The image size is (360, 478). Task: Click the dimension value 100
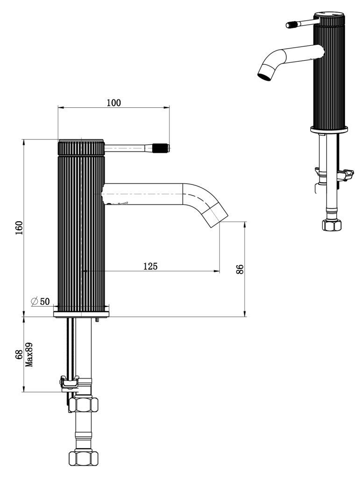113,103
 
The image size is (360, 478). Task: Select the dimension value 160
19,228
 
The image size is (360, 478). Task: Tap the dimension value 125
150,266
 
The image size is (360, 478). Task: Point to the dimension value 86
240,269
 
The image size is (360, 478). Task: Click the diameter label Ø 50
40,301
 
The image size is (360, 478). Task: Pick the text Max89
29,355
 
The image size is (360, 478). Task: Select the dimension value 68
19,355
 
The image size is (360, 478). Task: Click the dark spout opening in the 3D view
264,74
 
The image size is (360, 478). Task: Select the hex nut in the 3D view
332,225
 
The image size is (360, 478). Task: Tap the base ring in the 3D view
329,129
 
